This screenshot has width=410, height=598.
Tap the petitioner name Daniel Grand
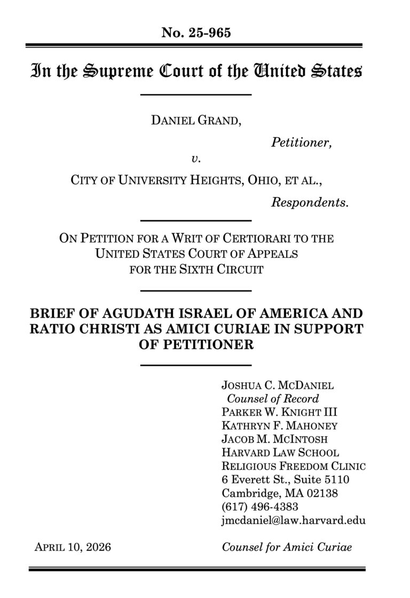point(196,121)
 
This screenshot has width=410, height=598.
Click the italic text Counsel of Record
point(273,398)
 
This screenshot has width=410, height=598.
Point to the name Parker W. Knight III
point(279,412)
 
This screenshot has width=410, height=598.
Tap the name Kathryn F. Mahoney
point(279,426)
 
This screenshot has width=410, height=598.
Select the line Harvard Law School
point(279,453)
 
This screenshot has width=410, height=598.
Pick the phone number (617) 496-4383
point(259,506)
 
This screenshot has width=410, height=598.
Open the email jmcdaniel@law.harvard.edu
point(293,520)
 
